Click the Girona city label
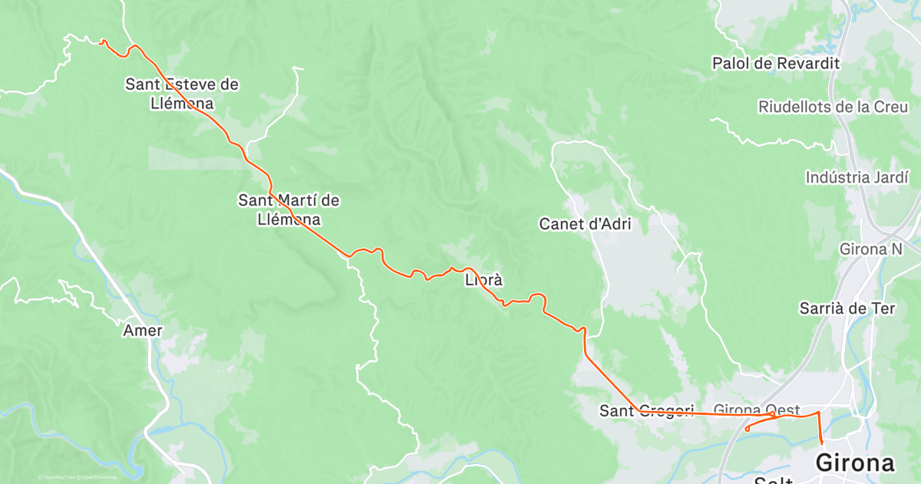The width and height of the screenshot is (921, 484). pos(855,463)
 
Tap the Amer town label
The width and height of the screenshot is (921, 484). pos(143,330)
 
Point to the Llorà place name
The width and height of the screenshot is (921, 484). pos(484,280)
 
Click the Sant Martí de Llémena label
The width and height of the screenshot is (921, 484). pos(289,210)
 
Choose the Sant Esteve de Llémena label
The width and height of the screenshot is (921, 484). pos(182,93)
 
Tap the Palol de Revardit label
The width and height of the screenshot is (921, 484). pos(776,63)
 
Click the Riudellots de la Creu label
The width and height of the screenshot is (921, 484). pos(833,107)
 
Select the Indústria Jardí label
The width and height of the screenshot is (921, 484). pos(857,177)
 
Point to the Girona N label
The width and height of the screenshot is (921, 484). pos(871,250)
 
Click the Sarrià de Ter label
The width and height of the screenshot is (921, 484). pos(847,308)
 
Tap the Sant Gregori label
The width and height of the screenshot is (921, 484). pos(646,411)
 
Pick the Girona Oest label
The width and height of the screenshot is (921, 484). pos(757,410)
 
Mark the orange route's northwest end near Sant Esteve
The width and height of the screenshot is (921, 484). pos(101,41)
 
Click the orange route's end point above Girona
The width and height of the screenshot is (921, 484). pos(822,443)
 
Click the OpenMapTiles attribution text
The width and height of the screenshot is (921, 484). pos(58,477)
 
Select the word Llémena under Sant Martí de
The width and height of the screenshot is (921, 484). pos(289,219)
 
